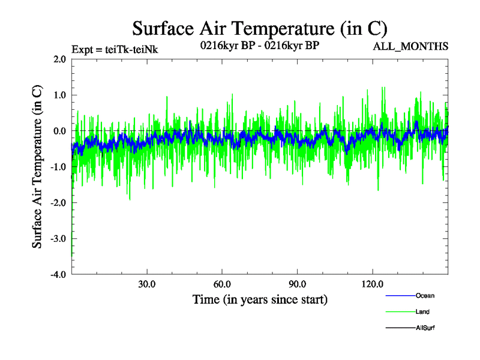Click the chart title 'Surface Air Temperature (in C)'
click(260, 28)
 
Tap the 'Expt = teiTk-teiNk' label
click(115, 49)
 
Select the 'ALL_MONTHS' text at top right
click(411, 46)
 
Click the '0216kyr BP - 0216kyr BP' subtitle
click(260, 46)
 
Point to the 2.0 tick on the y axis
click(59, 59)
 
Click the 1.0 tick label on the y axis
click(59, 95)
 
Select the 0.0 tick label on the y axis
click(59, 131)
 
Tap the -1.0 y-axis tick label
click(58, 167)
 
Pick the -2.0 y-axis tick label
click(58, 203)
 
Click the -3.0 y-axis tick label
click(58, 239)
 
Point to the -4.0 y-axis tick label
click(58, 275)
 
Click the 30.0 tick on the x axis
click(147, 284)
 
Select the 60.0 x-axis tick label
click(222, 284)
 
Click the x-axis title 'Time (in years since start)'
click(260, 299)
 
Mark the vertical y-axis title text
click(37, 167)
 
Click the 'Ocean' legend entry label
click(425, 296)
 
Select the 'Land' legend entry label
click(422, 312)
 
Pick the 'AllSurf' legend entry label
click(425, 328)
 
